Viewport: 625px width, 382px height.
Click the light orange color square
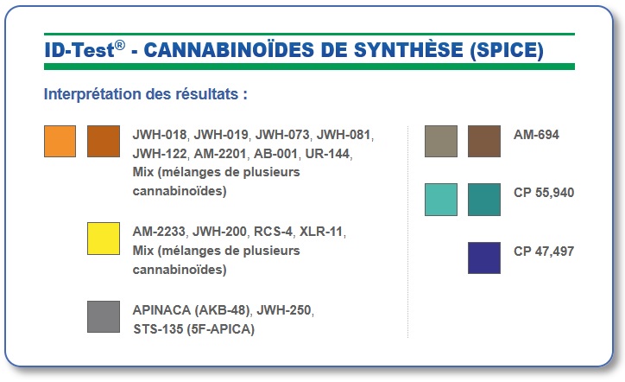(x=60, y=141)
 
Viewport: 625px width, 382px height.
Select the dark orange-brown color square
(x=104, y=141)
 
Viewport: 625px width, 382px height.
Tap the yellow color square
(x=104, y=239)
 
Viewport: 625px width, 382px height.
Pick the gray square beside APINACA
(x=104, y=317)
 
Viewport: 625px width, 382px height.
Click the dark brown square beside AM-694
(x=484, y=141)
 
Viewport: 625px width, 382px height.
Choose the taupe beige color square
(x=441, y=141)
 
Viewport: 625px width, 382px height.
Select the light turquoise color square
(x=441, y=200)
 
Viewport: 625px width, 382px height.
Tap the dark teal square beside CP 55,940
(x=484, y=200)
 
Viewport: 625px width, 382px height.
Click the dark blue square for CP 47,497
(x=484, y=258)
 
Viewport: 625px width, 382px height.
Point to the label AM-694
(x=536, y=135)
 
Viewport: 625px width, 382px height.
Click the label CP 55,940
(x=544, y=193)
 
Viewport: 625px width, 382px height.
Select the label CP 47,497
(x=544, y=251)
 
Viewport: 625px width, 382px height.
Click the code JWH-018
(x=160, y=135)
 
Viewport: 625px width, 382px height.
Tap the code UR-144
(x=327, y=154)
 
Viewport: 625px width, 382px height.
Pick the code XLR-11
(x=321, y=232)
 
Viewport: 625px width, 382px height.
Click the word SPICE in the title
(x=507, y=50)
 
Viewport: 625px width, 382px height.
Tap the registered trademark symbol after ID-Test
(x=120, y=45)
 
